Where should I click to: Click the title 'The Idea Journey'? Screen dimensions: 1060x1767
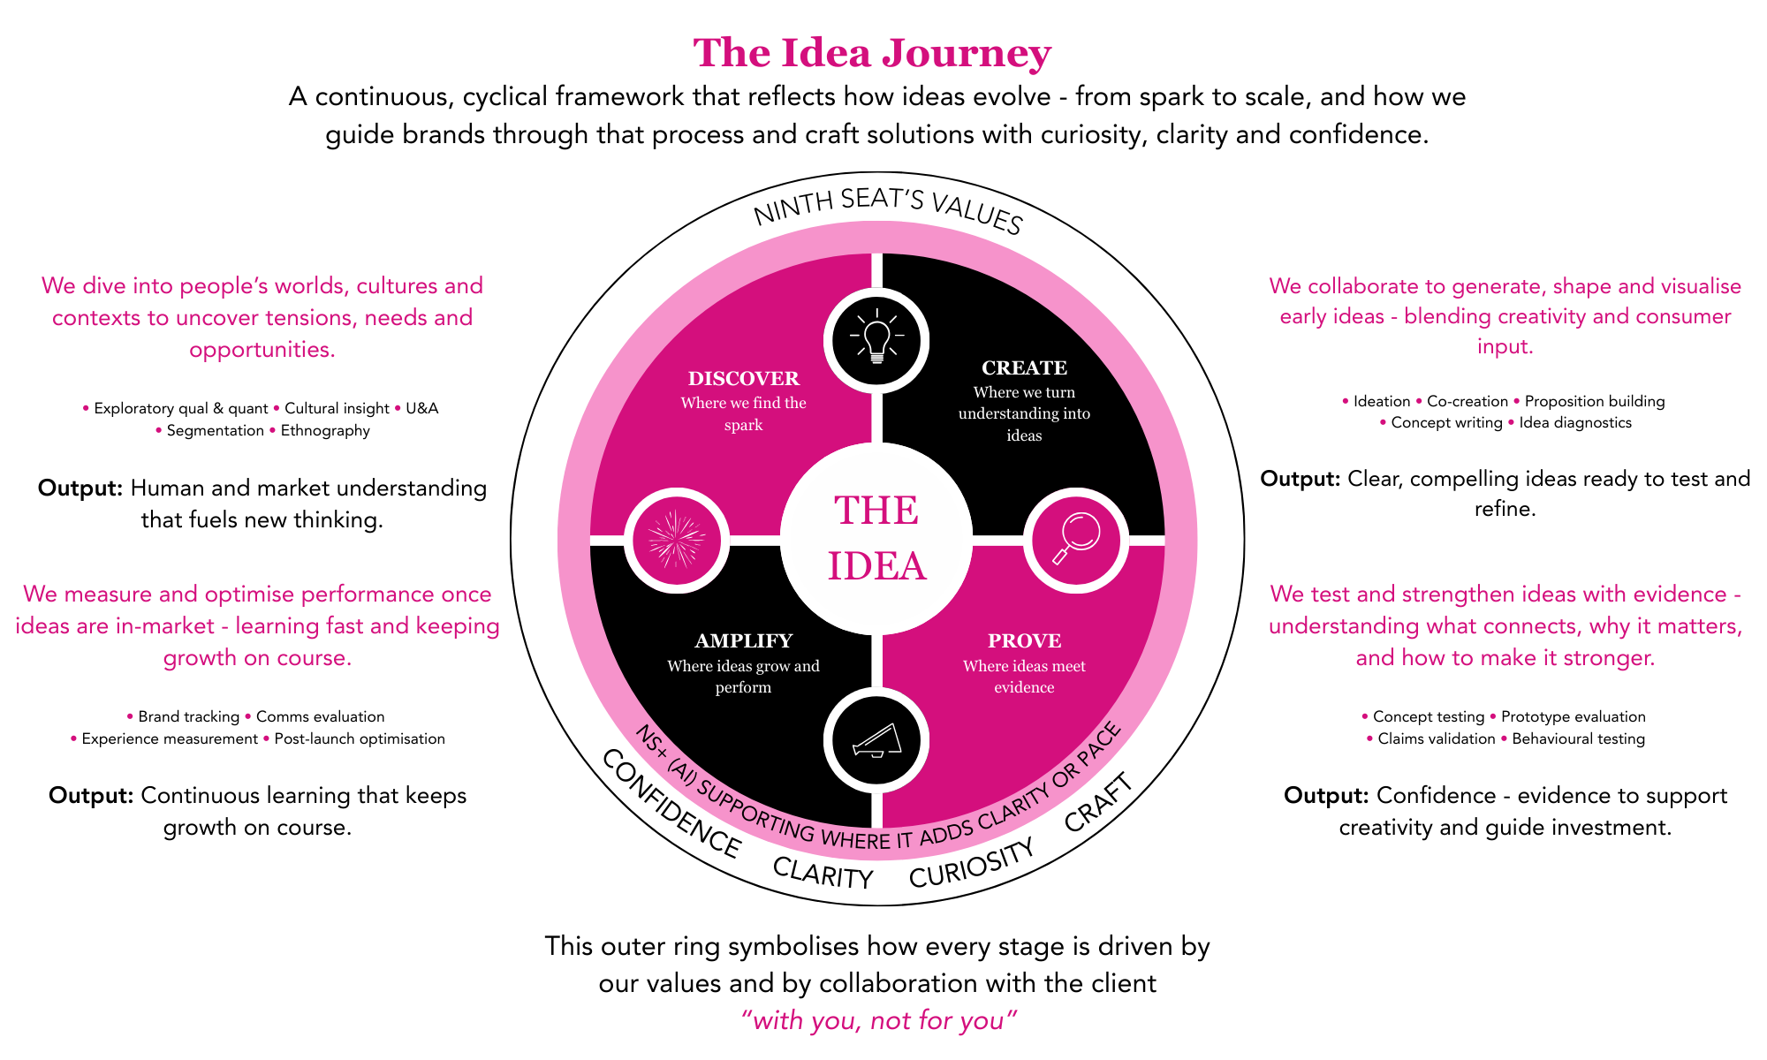pos(872,53)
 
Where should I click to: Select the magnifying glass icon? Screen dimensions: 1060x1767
pos(1076,540)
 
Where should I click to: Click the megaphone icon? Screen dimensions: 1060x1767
pos(876,740)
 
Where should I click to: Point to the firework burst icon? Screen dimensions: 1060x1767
pos(677,540)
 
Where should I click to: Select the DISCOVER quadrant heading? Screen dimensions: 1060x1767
pos(743,379)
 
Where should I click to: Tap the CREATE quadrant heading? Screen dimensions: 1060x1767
pos(1024,368)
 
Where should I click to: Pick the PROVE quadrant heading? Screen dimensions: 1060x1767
pos(1024,641)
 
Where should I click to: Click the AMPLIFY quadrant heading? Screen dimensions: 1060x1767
pos(743,641)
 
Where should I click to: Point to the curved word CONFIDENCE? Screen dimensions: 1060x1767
pos(671,804)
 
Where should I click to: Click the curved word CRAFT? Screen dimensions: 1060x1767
pos(1098,802)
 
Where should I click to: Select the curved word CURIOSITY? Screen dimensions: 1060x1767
pos(971,865)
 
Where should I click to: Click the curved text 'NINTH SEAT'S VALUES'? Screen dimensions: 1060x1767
pos(887,210)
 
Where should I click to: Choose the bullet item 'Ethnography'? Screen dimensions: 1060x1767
pos(325,431)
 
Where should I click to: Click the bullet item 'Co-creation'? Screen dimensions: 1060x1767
pos(1467,402)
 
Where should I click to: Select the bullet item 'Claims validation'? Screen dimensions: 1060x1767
pos(1436,739)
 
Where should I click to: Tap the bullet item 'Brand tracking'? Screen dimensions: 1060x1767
pos(188,717)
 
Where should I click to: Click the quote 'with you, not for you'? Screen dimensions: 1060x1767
pos(878,1021)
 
